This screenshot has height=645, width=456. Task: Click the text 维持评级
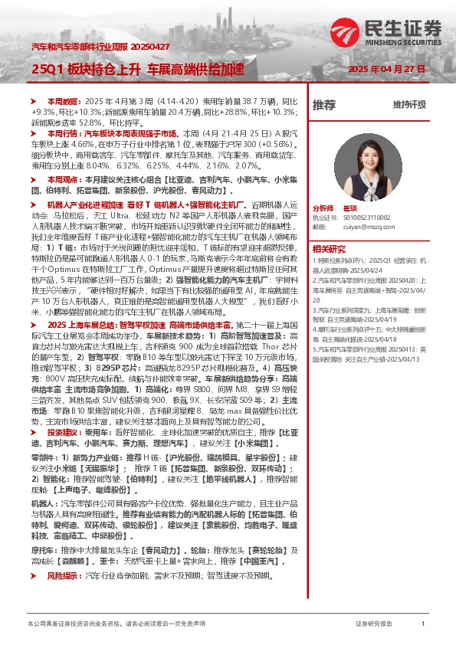coord(409,104)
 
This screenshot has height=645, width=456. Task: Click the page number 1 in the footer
coord(423,624)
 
